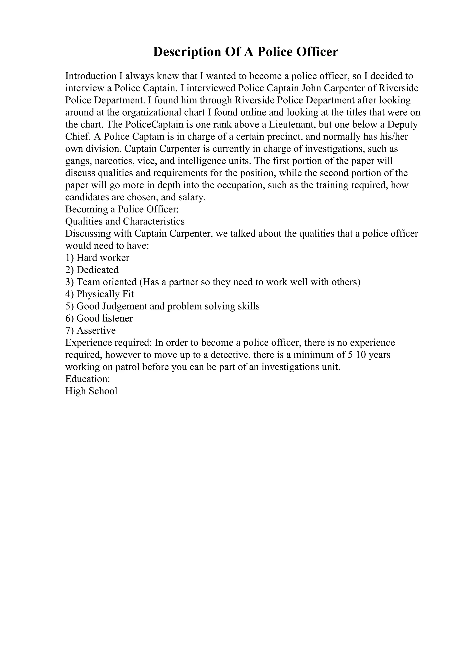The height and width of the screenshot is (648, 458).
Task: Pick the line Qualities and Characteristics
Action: click(125, 221)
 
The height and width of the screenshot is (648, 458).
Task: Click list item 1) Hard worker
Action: click(97, 258)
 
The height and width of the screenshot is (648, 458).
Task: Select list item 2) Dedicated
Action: click(92, 270)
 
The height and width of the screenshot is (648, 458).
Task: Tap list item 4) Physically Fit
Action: click(99, 294)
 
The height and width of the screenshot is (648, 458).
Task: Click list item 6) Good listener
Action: click(99, 318)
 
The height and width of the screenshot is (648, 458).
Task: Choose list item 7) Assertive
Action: click(90, 330)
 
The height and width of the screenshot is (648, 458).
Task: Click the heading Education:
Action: click(87, 379)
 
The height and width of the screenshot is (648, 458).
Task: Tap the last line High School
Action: click(91, 391)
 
